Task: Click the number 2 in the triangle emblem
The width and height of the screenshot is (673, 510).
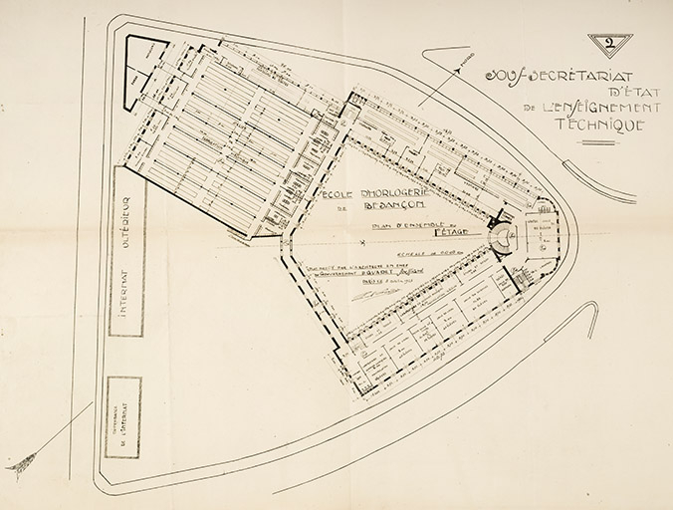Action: pyautogui.click(x=609, y=42)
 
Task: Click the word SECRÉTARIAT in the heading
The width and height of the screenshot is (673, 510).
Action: pyautogui.click(x=566, y=75)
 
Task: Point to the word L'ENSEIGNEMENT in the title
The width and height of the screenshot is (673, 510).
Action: pyautogui.click(x=594, y=108)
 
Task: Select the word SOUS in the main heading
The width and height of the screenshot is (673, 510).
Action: pyautogui.click(x=501, y=75)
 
